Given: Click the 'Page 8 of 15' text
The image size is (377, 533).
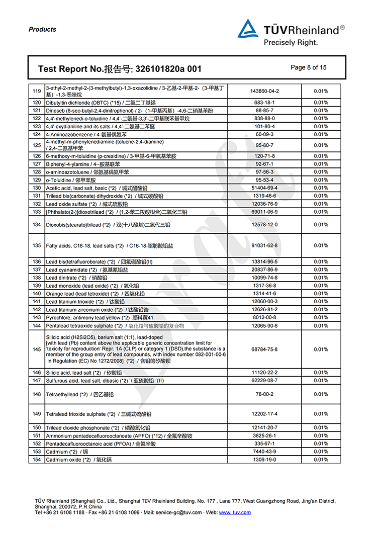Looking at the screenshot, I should [x=308, y=67].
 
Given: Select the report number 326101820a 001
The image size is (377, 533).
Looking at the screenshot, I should [x=165, y=69].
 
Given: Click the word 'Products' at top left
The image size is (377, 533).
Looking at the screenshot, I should [x=42, y=30].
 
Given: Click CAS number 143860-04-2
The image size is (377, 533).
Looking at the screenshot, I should [x=264, y=92].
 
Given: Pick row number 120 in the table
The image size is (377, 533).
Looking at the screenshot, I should [x=36, y=103].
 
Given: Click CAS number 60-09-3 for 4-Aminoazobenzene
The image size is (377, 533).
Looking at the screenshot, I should [x=264, y=134].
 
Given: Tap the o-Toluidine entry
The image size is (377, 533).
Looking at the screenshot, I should [x=70, y=180].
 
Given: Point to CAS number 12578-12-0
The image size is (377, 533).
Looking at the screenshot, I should [x=264, y=225].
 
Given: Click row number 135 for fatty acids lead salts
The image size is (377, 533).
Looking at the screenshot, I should [x=36, y=246].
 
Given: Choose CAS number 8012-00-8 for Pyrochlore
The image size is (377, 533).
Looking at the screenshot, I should [x=264, y=318].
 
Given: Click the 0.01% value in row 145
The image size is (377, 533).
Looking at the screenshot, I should [x=321, y=349].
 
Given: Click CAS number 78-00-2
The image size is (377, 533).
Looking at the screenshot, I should [x=264, y=395].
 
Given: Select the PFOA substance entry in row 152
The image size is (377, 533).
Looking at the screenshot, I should [x=101, y=444].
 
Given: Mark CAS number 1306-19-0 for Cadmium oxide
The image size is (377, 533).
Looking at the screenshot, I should [x=264, y=460].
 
